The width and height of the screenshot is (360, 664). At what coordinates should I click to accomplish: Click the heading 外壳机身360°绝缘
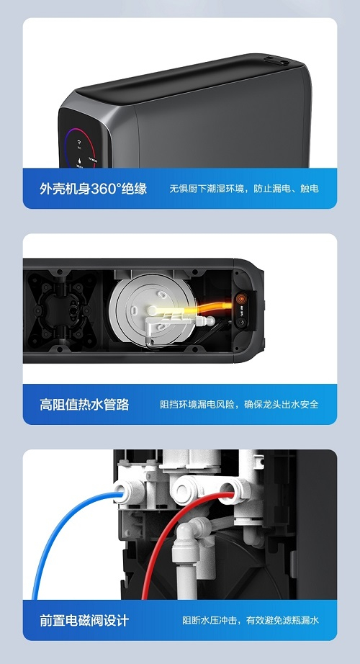click(93, 189)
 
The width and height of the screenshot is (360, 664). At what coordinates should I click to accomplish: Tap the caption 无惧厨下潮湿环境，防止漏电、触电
click(244, 189)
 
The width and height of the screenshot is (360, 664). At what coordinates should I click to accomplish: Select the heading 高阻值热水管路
click(84, 405)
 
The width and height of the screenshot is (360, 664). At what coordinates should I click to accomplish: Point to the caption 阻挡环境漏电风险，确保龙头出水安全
click(239, 405)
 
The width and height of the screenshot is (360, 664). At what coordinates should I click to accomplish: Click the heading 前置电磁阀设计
click(84, 620)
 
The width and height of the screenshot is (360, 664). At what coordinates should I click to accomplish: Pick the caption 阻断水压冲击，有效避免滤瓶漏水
click(251, 620)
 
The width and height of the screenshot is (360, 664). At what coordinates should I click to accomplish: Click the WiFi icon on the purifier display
click(79, 143)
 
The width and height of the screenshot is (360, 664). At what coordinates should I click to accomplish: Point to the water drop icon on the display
click(79, 161)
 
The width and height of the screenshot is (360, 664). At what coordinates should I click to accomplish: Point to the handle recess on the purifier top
click(276, 61)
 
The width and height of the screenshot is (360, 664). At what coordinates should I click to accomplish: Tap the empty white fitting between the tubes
click(185, 491)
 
